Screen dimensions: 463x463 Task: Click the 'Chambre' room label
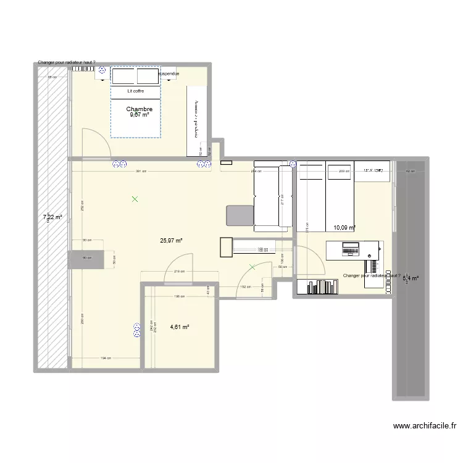(140, 109)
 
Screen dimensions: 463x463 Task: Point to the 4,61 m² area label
(179, 327)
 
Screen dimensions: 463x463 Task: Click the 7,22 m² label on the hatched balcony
(52, 217)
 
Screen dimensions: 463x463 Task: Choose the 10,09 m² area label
(344, 228)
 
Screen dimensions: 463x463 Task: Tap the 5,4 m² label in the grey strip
(411, 278)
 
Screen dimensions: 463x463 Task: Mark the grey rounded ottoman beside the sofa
(239, 215)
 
